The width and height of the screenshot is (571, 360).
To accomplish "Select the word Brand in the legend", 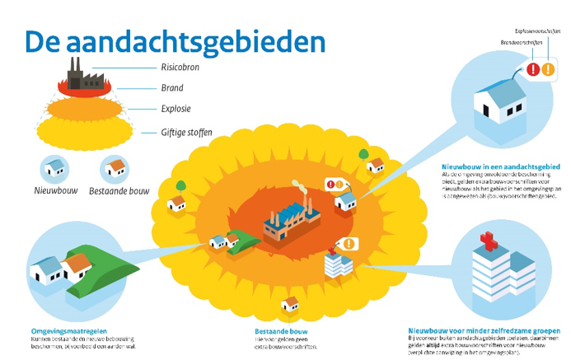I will pyautogui.click(x=172, y=87).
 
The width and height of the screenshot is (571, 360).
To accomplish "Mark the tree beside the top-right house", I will pyautogui.click(x=363, y=153).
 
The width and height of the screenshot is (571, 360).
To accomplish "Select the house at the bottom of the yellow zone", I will pyautogui.click(x=290, y=305).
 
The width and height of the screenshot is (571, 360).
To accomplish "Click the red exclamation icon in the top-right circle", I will pyautogui.click(x=533, y=71).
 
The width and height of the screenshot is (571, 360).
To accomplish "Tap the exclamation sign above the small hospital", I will pyautogui.click(x=349, y=245).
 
